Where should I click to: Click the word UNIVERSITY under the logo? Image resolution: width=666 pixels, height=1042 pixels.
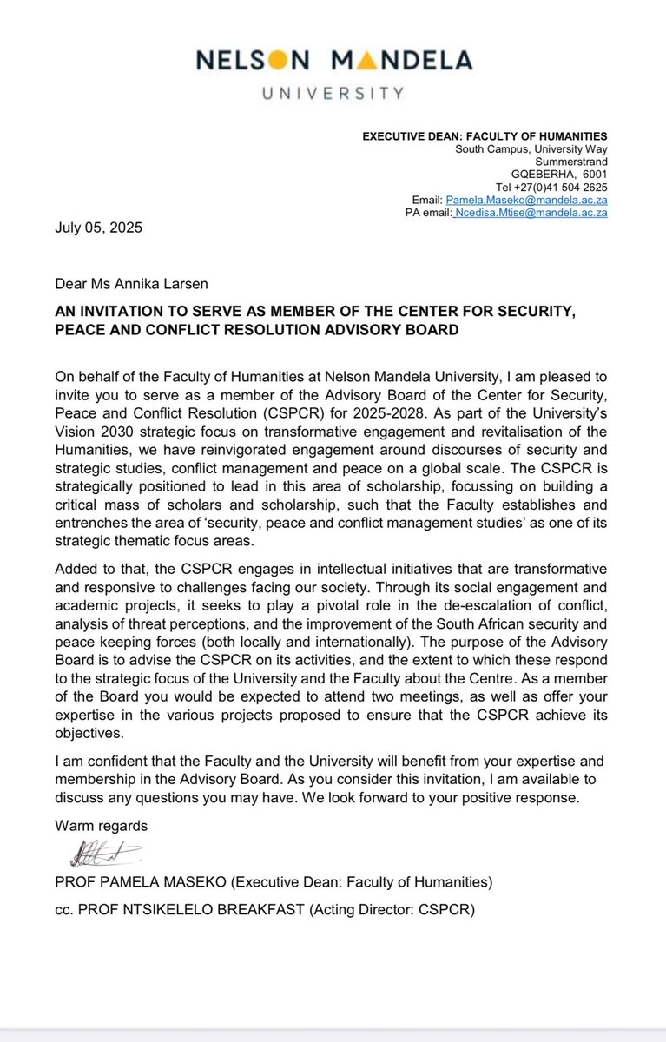[x=333, y=93]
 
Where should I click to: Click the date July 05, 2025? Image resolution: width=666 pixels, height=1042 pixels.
[x=98, y=229]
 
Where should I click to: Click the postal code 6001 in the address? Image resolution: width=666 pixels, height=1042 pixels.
[x=593, y=174]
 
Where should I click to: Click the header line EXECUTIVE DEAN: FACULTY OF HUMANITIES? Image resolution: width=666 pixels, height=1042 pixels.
[x=484, y=135]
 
